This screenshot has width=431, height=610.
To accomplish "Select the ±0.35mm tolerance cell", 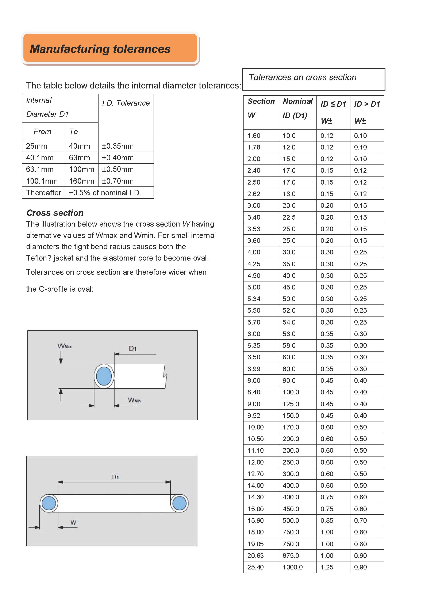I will (118, 146).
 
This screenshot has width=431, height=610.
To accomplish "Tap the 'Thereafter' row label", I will (43, 193).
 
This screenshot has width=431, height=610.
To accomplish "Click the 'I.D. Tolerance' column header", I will (126, 103).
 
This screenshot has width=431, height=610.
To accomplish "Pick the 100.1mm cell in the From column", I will (42, 181).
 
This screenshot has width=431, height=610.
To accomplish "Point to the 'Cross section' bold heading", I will (55, 213).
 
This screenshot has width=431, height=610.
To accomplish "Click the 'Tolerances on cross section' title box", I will (313, 79).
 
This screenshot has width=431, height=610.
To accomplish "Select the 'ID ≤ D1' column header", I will (333, 104).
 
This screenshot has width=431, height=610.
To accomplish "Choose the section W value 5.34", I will (254, 299).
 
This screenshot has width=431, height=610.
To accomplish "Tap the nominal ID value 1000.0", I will (292, 567).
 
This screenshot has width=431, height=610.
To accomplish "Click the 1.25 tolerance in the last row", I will (327, 567).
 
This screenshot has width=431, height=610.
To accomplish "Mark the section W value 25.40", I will (255, 567).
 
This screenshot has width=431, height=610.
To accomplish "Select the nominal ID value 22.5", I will (289, 217).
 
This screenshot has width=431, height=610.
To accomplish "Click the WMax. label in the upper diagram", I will (65, 346).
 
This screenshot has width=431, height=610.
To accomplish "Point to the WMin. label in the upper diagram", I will (135, 400).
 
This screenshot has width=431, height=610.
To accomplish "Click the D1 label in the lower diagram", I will (115, 477).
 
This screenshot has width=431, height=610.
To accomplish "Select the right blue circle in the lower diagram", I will (179, 503).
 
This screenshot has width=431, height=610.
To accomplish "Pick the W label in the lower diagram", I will (73, 523).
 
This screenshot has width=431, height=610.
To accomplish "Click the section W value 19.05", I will (255, 544).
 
